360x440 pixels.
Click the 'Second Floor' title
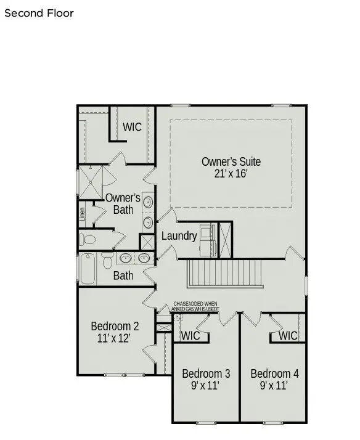(x=39, y=13)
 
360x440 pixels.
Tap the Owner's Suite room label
(x=231, y=161)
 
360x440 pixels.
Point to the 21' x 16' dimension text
(x=231, y=174)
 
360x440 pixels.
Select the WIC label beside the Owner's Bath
(x=132, y=127)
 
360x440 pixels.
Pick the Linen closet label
(x=82, y=214)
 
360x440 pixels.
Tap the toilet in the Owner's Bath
(x=88, y=239)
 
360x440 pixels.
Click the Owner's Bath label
(x=123, y=203)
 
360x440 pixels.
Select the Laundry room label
(x=179, y=236)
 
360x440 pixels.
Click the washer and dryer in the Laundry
(x=207, y=240)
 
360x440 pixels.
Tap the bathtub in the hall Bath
(x=88, y=269)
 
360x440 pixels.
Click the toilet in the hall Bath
(x=107, y=261)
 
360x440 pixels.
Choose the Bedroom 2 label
(x=115, y=326)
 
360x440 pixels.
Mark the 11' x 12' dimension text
(x=115, y=338)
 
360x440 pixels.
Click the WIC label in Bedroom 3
(x=190, y=336)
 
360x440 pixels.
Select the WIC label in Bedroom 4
(x=287, y=336)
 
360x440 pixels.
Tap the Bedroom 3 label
(x=206, y=373)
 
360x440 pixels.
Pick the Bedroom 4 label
(x=274, y=373)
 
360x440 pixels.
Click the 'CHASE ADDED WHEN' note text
(x=195, y=304)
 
